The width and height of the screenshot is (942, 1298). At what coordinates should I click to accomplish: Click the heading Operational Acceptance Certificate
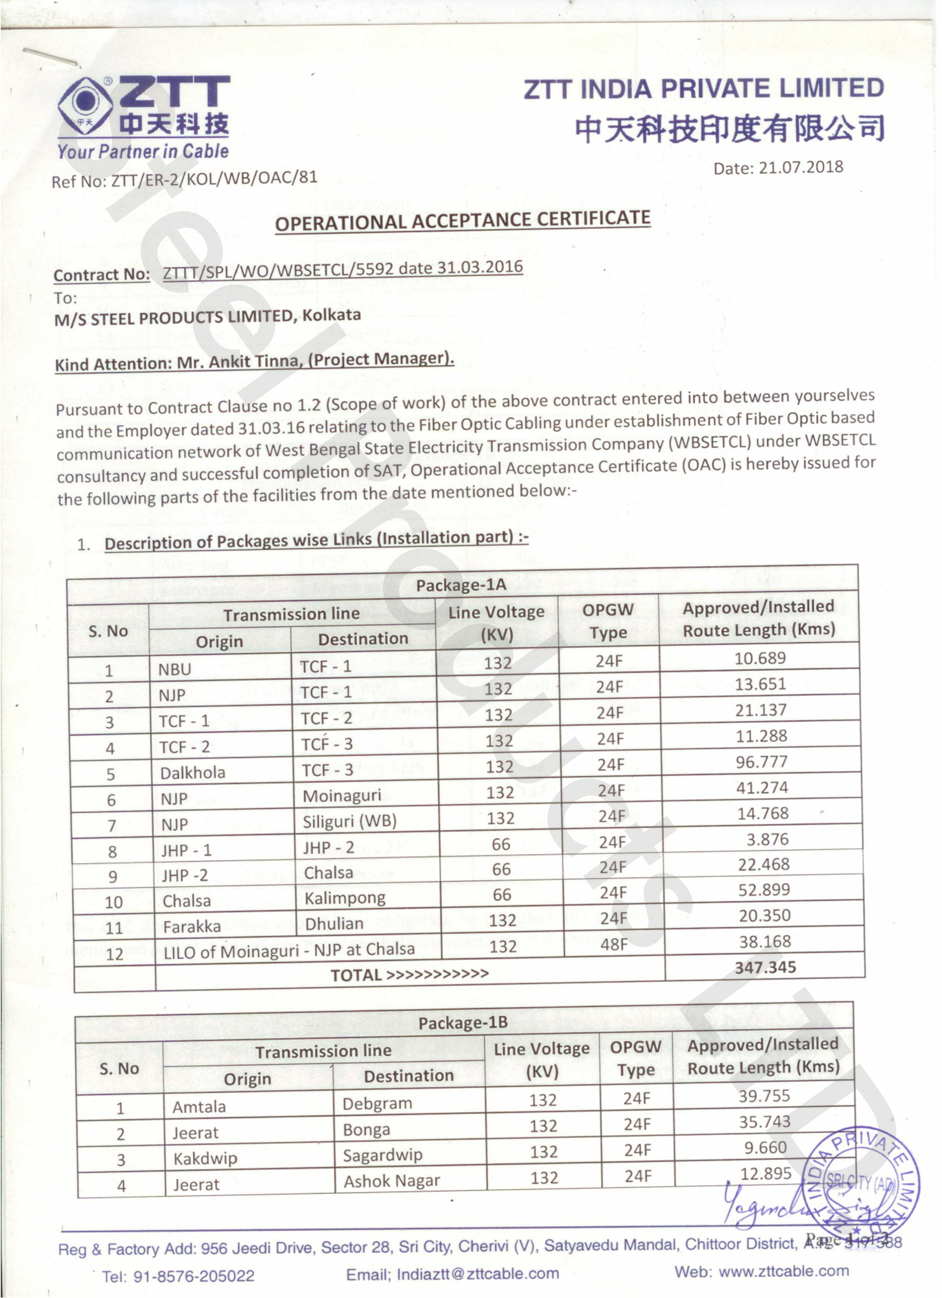coord(463,220)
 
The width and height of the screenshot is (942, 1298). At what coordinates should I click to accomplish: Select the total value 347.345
coord(765,967)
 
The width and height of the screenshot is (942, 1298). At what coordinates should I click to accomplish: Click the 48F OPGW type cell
coord(614,944)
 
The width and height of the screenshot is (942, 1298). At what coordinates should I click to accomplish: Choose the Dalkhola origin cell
coord(192,773)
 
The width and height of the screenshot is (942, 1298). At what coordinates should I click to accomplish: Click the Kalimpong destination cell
coord(345,898)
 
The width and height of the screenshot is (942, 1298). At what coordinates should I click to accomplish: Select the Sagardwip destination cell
coord(382,1155)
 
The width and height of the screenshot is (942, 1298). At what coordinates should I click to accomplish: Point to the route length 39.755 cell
coord(764,1096)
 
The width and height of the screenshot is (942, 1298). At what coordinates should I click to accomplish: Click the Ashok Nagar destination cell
coord(392,1181)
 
